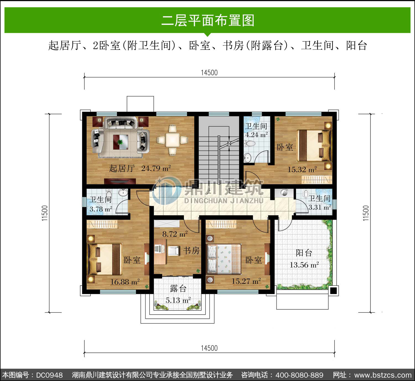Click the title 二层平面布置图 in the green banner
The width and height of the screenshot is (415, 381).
[x=208, y=21]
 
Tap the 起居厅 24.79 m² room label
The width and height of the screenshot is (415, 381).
[x=140, y=168]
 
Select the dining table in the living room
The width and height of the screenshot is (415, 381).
[x=173, y=140]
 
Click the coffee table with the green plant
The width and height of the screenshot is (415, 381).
[x=120, y=142]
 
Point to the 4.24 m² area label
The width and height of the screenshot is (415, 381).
[x=256, y=135]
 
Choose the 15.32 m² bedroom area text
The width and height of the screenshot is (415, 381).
[x=302, y=170]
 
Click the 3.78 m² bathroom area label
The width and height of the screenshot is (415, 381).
[x=101, y=209]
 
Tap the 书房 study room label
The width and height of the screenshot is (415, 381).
[x=191, y=251]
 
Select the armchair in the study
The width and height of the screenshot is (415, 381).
[x=173, y=251]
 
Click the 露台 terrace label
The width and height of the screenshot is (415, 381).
[x=178, y=288]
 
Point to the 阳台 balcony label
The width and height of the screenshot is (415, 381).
[x=304, y=253]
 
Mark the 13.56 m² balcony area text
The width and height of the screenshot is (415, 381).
[x=304, y=265]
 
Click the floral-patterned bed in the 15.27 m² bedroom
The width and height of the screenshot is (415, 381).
[x=224, y=259]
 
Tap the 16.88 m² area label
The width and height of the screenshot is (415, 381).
[x=125, y=282]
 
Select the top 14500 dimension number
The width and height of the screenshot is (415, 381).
[x=209, y=73]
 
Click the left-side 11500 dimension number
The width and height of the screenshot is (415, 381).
[x=45, y=213]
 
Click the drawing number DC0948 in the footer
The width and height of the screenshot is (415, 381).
[x=49, y=375]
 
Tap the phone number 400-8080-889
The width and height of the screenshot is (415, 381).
[x=299, y=375]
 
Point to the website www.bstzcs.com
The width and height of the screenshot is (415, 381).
[x=383, y=375]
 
